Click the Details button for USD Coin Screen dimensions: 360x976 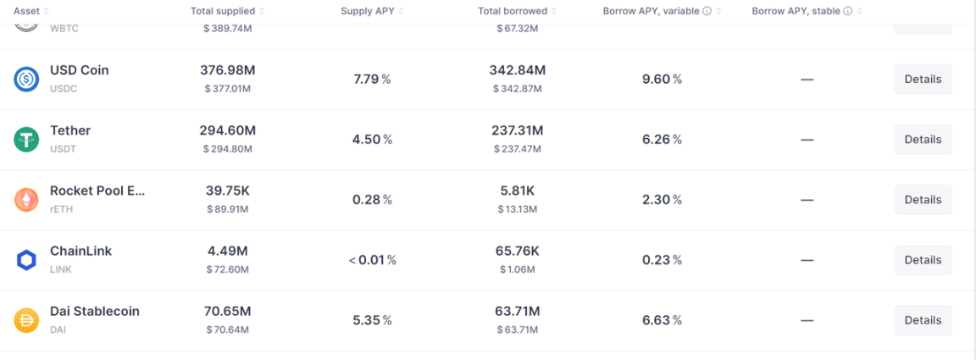(x=923, y=79)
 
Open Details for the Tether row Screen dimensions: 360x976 (x=923, y=139)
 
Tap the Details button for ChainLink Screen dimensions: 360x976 (x=923, y=260)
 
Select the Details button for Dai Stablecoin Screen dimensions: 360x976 (x=923, y=320)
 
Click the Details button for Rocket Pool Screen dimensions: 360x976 (x=923, y=200)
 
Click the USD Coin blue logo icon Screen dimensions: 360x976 (x=26, y=79)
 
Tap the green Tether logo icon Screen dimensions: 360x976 (x=26, y=139)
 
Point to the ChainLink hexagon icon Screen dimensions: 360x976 (x=26, y=260)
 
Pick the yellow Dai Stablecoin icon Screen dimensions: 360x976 (x=26, y=320)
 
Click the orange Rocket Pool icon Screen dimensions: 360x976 (x=26, y=200)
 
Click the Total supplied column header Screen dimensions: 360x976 (x=224, y=11)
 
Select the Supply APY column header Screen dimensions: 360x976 (x=368, y=11)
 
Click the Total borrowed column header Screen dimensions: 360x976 (x=513, y=11)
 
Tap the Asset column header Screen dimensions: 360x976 (x=27, y=11)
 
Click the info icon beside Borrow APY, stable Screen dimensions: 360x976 (x=847, y=11)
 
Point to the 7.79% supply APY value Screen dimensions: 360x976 (x=372, y=79)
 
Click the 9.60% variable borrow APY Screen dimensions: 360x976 (x=662, y=79)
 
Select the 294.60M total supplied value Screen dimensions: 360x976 (x=228, y=130)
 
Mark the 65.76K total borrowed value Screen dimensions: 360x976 (x=517, y=251)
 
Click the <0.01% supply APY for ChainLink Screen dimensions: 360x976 (x=372, y=260)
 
